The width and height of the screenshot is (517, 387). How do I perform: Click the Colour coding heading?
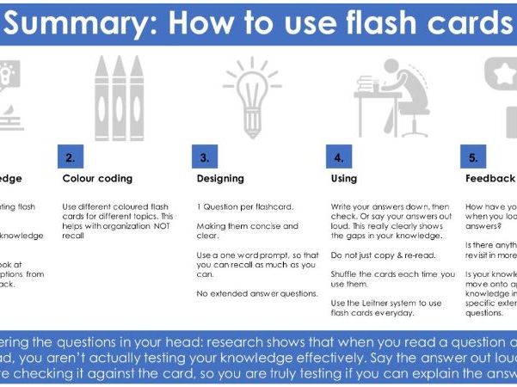pos(97,180)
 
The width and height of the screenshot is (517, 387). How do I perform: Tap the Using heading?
pos(344,180)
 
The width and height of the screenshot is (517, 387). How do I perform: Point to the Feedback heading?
pos(489,180)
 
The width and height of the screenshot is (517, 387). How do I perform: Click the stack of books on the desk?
pos(367,87)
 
